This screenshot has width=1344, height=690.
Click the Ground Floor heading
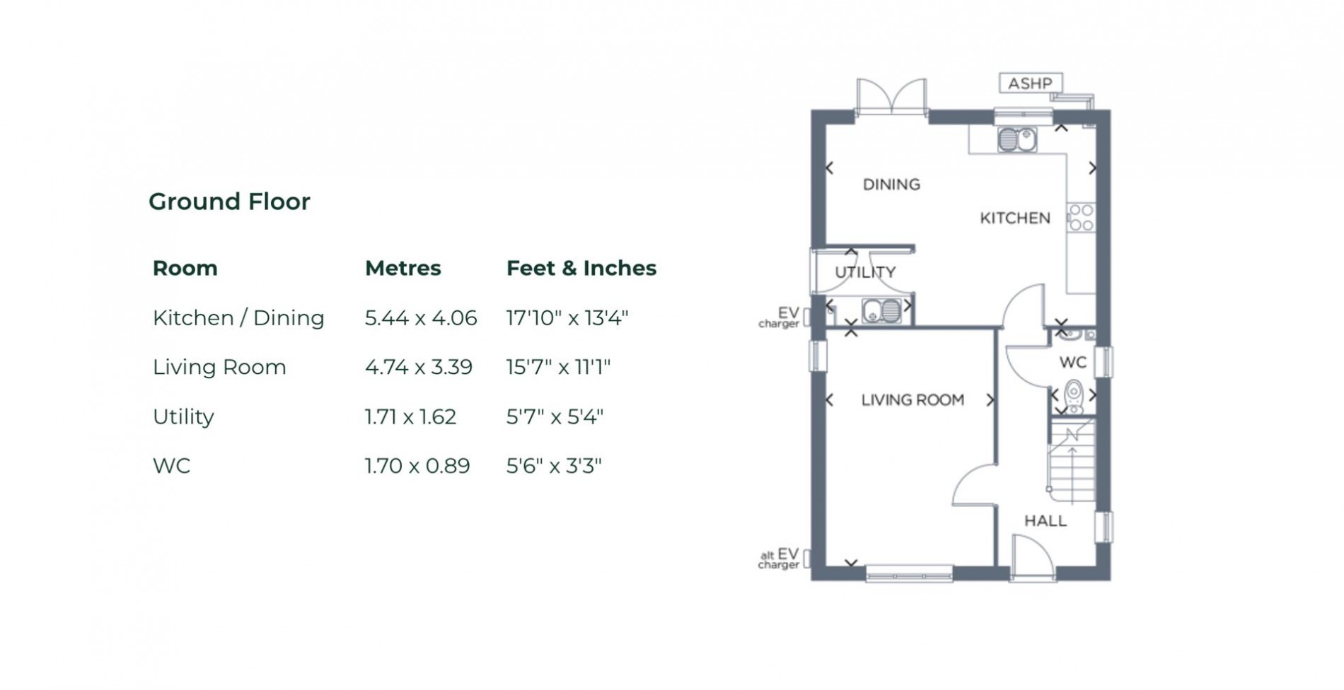[x=229, y=201]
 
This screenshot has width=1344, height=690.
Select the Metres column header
[x=402, y=268]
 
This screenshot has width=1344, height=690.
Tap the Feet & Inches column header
[x=581, y=268]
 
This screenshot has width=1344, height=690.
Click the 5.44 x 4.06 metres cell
[x=420, y=318]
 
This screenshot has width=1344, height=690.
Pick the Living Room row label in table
[x=219, y=367]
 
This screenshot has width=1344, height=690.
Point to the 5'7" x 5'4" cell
[x=554, y=416]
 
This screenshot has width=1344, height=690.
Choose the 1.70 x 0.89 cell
[x=417, y=466]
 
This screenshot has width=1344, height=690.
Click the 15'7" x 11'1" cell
[x=557, y=367]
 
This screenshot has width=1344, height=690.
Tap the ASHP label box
[x=1030, y=83]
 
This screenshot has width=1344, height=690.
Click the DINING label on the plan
[x=891, y=185]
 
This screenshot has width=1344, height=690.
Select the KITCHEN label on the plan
[x=1014, y=218]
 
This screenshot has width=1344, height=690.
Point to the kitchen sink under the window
[x=1016, y=139]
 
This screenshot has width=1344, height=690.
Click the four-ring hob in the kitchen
[x=1081, y=217]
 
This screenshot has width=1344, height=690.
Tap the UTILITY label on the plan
[x=865, y=272]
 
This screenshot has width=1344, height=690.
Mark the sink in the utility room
[x=881, y=310]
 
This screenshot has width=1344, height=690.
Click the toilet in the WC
[x=1074, y=396]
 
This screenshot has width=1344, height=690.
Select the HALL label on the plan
[x=1045, y=521]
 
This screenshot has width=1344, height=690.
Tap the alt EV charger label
[x=779, y=559]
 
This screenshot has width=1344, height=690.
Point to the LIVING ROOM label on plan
[x=912, y=400]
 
